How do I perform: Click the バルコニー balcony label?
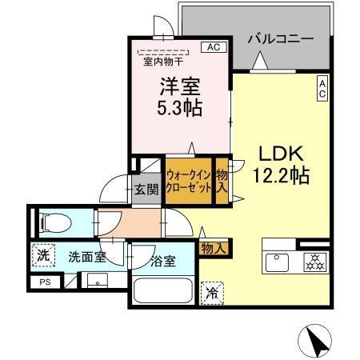[278, 38]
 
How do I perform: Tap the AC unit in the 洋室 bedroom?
[214, 47]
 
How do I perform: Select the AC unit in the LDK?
[322, 89]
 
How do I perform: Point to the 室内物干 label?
[162, 60]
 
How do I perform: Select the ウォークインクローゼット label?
[189, 181]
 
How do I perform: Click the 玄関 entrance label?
[145, 190]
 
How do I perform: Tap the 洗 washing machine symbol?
[42, 257]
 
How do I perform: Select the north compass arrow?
[314, 339]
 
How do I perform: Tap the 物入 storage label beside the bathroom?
[214, 249]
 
